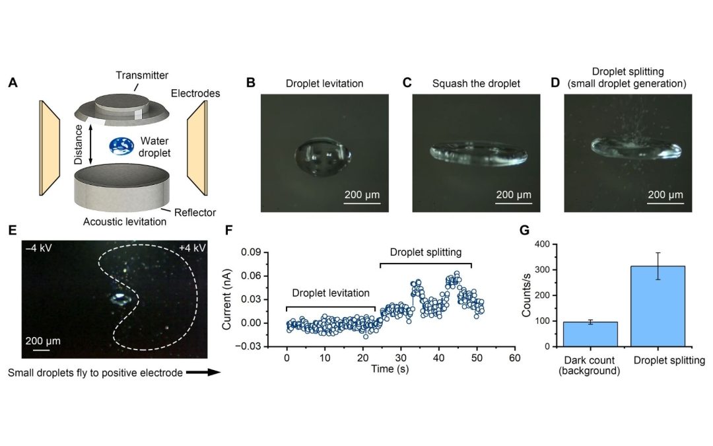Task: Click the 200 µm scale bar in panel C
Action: [x=514, y=202]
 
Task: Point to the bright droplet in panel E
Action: [x=121, y=299]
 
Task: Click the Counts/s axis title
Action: [x=527, y=295]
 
